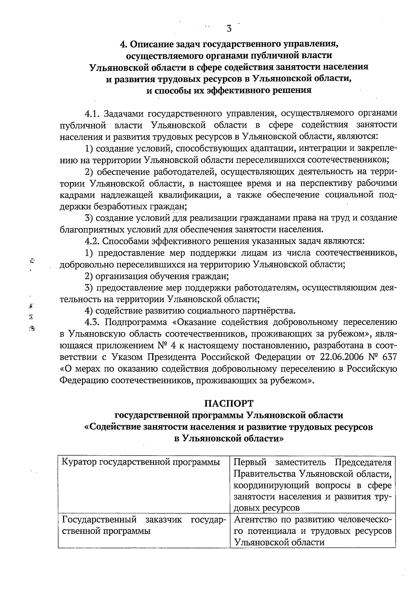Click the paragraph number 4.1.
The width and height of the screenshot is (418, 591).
tap(92, 113)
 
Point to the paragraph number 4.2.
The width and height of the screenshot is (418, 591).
tap(92, 241)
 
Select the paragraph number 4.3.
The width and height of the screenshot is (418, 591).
tap(92, 322)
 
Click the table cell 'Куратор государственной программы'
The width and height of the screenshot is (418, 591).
tap(141, 463)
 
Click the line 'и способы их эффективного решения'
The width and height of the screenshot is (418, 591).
tap(229, 90)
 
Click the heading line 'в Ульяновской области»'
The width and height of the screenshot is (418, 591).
tap(229, 439)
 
